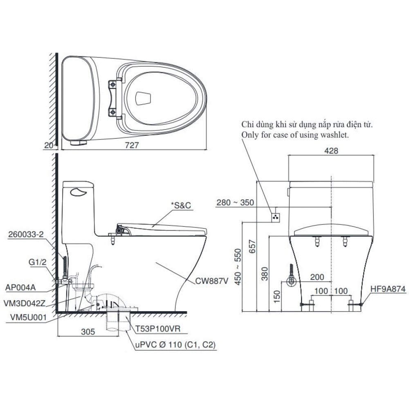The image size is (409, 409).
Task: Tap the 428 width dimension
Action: pyautogui.click(x=331, y=151)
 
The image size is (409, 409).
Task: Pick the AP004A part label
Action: pyautogui.click(x=21, y=287)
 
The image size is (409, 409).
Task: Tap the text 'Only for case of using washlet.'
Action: pyautogui.click(x=295, y=135)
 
